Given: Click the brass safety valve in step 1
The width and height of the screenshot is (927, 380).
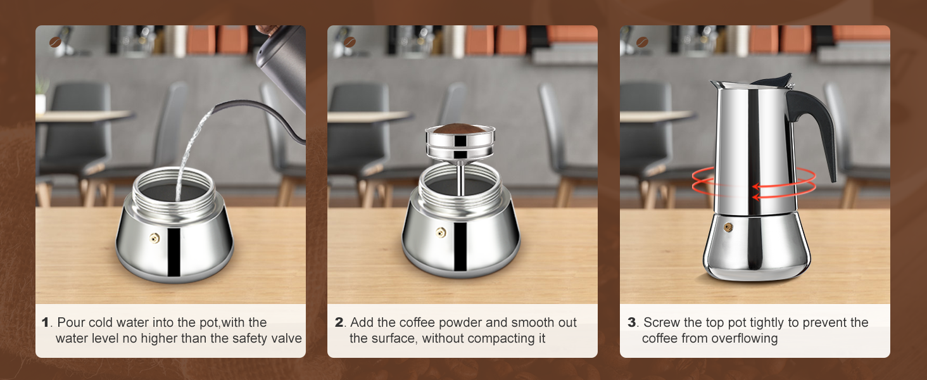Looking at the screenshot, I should click(x=154, y=237).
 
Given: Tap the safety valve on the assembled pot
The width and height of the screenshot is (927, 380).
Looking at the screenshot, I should click(x=728, y=227).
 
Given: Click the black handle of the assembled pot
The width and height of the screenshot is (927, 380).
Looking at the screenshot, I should click(x=817, y=127).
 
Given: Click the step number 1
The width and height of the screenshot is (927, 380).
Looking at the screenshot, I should click(x=45, y=322).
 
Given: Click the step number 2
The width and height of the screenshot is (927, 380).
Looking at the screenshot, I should click(x=339, y=322).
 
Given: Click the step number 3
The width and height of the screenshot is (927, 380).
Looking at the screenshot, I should click(x=631, y=322).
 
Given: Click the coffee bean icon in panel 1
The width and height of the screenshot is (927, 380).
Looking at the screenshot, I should click(x=56, y=42).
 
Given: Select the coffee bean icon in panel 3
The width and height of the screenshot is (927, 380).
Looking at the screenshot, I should click(x=642, y=42).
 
